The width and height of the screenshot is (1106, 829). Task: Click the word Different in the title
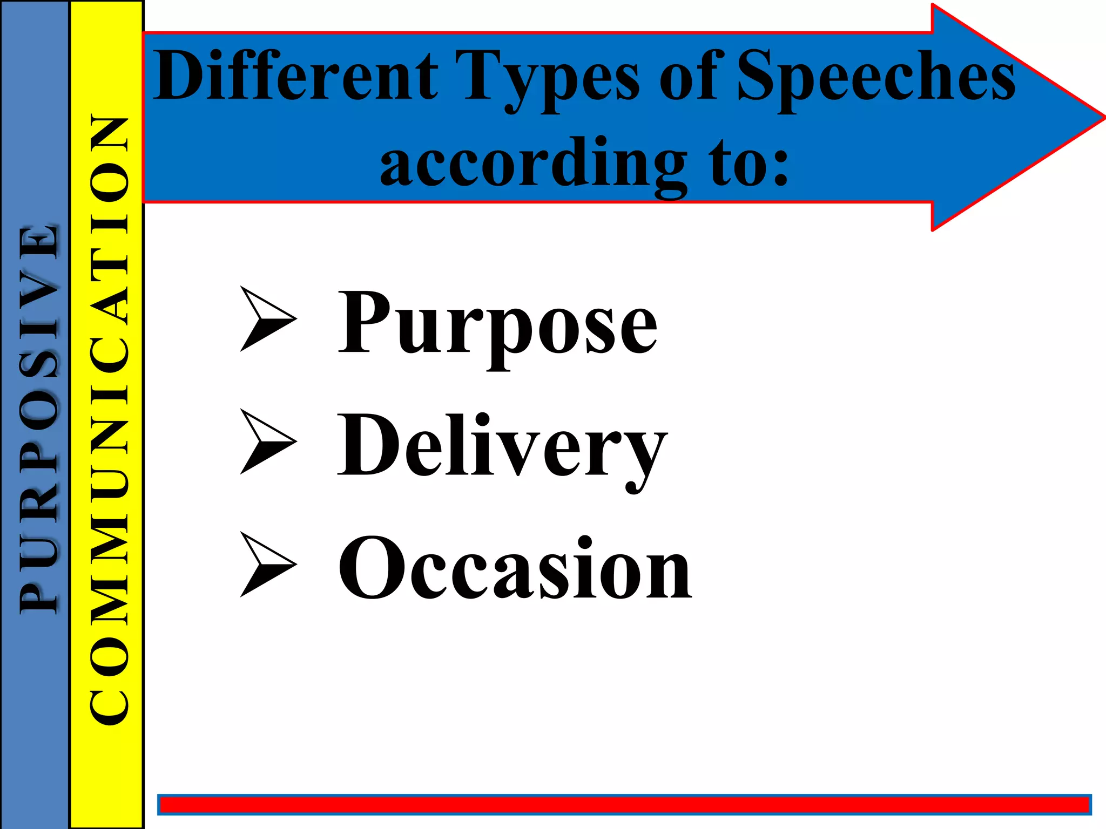pyautogui.click(x=295, y=76)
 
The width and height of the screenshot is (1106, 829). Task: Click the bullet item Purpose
pyautogui.click(x=497, y=324)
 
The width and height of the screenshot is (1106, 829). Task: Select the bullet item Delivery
pyautogui.click(x=502, y=448)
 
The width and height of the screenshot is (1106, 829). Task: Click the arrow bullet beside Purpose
pyautogui.click(x=267, y=319)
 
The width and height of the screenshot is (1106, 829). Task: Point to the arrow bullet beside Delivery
pyautogui.click(x=267, y=441)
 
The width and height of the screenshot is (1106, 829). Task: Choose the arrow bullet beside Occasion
pyautogui.click(x=267, y=564)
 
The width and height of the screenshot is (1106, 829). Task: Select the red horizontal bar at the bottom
pyautogui.click(x=624, y=805)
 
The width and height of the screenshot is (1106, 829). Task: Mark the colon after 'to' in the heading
pyautogui.click(x=780, y=167)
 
